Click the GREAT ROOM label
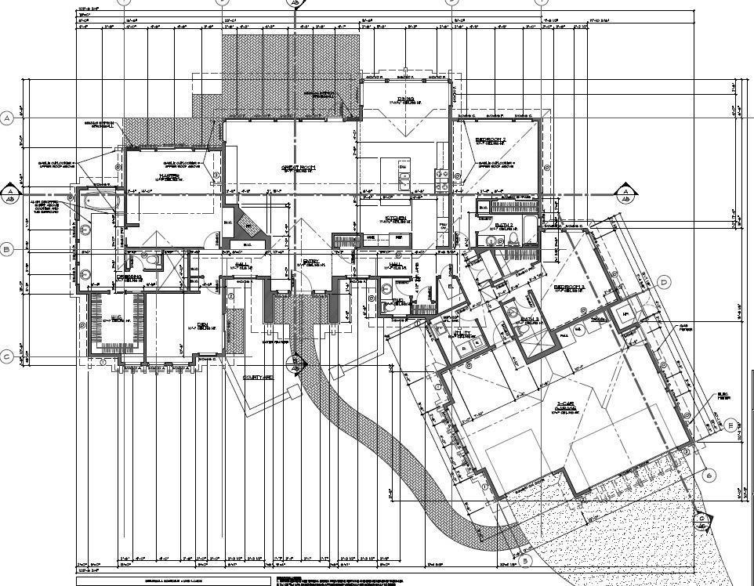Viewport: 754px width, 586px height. tap(298, 167)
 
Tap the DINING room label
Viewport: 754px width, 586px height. tap(405, 99)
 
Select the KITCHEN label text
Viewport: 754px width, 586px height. tap(393, 218)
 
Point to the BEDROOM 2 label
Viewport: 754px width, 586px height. tap(491, 140)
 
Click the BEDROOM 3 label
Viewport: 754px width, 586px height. tap(570, 288)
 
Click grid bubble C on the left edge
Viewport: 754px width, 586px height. tap(7, 357)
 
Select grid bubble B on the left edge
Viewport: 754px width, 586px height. tap(7, 250)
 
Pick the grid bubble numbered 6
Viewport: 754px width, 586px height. tap(710, 476)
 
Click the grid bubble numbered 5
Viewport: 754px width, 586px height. tap(525, 560)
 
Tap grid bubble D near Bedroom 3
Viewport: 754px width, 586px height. tap(664, 282)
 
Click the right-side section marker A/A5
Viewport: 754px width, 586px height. tap(625, 192)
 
